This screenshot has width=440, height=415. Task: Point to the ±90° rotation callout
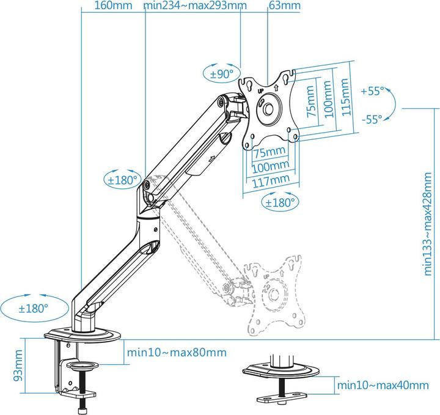tap(221, 74)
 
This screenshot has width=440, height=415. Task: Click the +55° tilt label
tap(372, 91)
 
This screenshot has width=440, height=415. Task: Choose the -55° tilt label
tap(372, 119)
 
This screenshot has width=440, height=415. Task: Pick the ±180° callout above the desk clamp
tap(32, 308)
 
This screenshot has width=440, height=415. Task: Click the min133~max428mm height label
tap(431, 223)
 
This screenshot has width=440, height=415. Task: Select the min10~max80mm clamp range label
tap(176, 353)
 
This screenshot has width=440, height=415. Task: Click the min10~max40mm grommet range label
tap(383, 385)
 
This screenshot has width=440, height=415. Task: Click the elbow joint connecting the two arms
tap(148, 194)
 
